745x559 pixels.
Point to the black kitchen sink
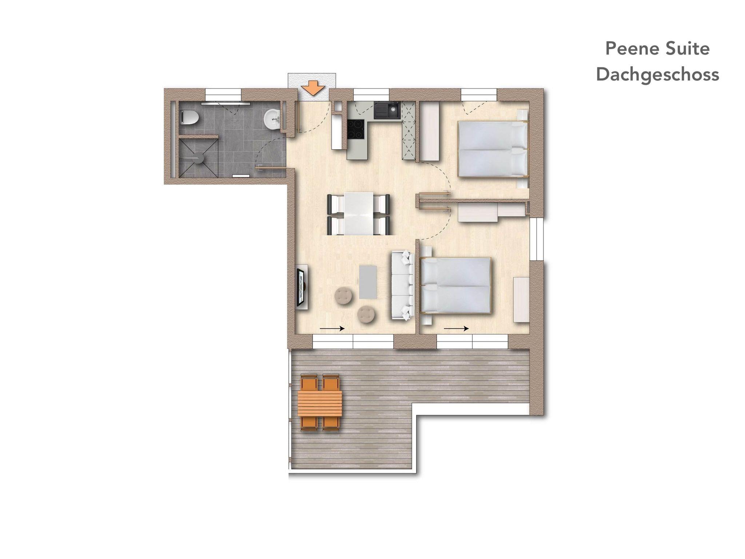click(x=387, y=110)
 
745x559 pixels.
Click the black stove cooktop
click(x=355, y=129)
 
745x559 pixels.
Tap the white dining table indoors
click(x=358, y=214)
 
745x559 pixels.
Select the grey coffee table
click(x=368, y=282)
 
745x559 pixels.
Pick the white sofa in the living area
click(x=403, y=286)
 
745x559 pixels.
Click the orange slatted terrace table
click(x=320, y=403)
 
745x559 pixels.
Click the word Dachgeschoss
click(x=657, y=75)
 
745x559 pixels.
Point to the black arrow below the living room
click(x=332, y=329)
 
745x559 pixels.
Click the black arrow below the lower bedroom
click(x=456, y=329)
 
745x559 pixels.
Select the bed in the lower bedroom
click(x=455, y=285)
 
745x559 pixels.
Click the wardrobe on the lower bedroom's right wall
click(x=521, y=299)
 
